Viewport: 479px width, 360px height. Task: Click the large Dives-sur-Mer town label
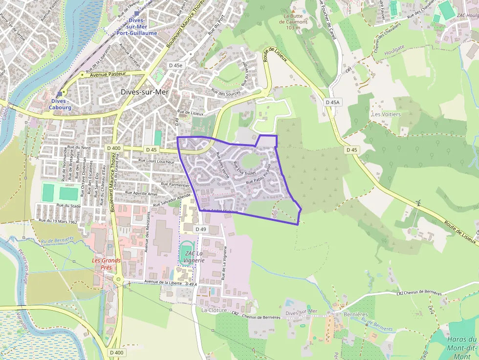(x=144, y=92)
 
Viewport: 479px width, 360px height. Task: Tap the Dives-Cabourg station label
(x=60, y=104)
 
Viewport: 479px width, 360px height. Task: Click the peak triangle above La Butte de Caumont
(x=293, y=10)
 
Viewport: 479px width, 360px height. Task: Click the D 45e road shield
(x=175, y=65)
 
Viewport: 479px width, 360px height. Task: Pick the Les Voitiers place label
(x=386, y=114)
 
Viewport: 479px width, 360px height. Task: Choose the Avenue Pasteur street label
(x=105, y=74)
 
